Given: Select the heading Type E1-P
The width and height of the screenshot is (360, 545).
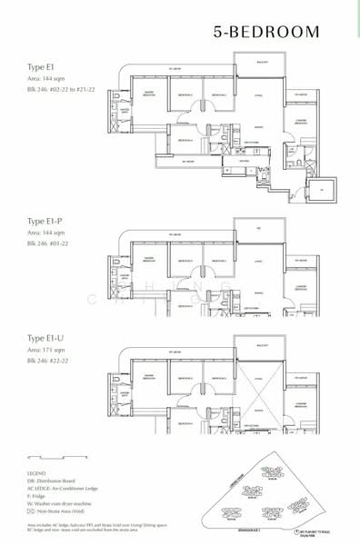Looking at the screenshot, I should tap(47, 221).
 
